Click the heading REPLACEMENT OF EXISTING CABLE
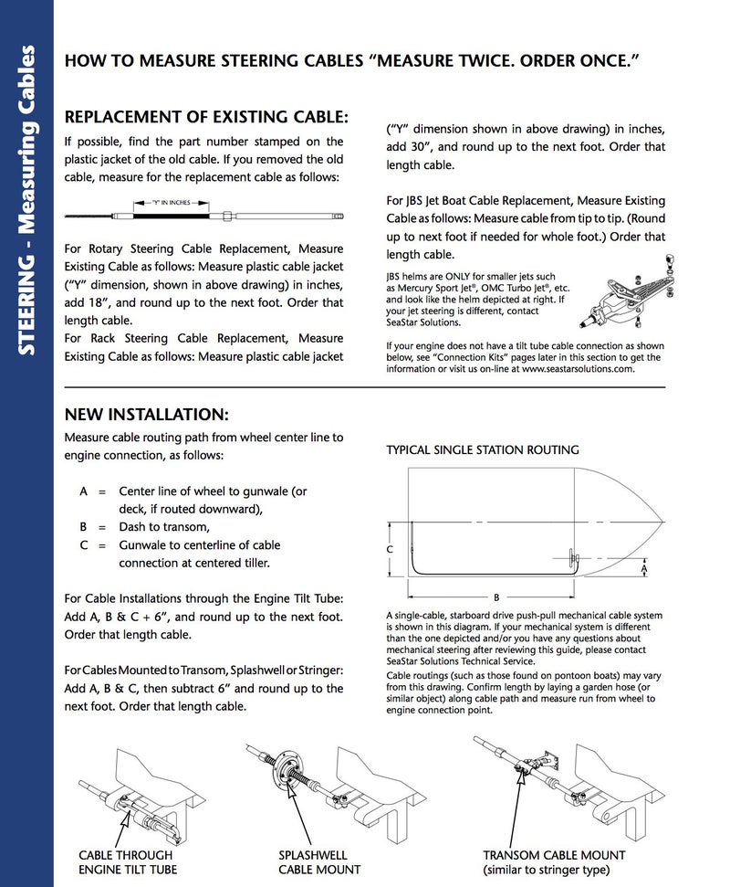click(x=205, y=117)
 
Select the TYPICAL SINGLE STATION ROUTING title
click(x=482, y=450)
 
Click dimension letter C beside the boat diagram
click(x=389, y=550)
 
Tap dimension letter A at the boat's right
click(x=644, y=567)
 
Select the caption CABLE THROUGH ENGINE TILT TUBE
click(x=128, y=862)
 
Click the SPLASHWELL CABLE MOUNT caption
click(x=319, y=862)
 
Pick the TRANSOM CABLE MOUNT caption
click(x=554, y=862)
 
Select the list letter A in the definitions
click(x=84, y=491)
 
